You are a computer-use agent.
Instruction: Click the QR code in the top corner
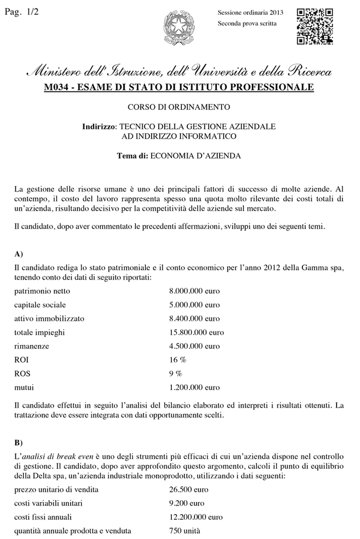click(x=315, y=26)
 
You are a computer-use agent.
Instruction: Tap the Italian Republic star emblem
click(x=180, y=28)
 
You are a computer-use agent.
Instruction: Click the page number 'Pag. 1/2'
click(x=21, y=12)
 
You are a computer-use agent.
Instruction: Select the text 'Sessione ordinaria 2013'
click(x=250, y=12)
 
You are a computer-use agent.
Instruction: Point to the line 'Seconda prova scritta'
click(x=247, y=23)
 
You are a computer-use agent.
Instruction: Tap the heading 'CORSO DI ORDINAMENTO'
click(x=179, y=107)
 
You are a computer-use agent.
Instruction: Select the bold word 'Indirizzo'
click(x=99, y=127)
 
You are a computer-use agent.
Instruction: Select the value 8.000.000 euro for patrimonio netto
click(x=194, y=291)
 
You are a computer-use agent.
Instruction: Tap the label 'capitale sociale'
click(x=40, y=305)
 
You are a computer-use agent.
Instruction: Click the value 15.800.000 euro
click(x=196, y=332)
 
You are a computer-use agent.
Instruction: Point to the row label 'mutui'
click(x=24, y=387)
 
